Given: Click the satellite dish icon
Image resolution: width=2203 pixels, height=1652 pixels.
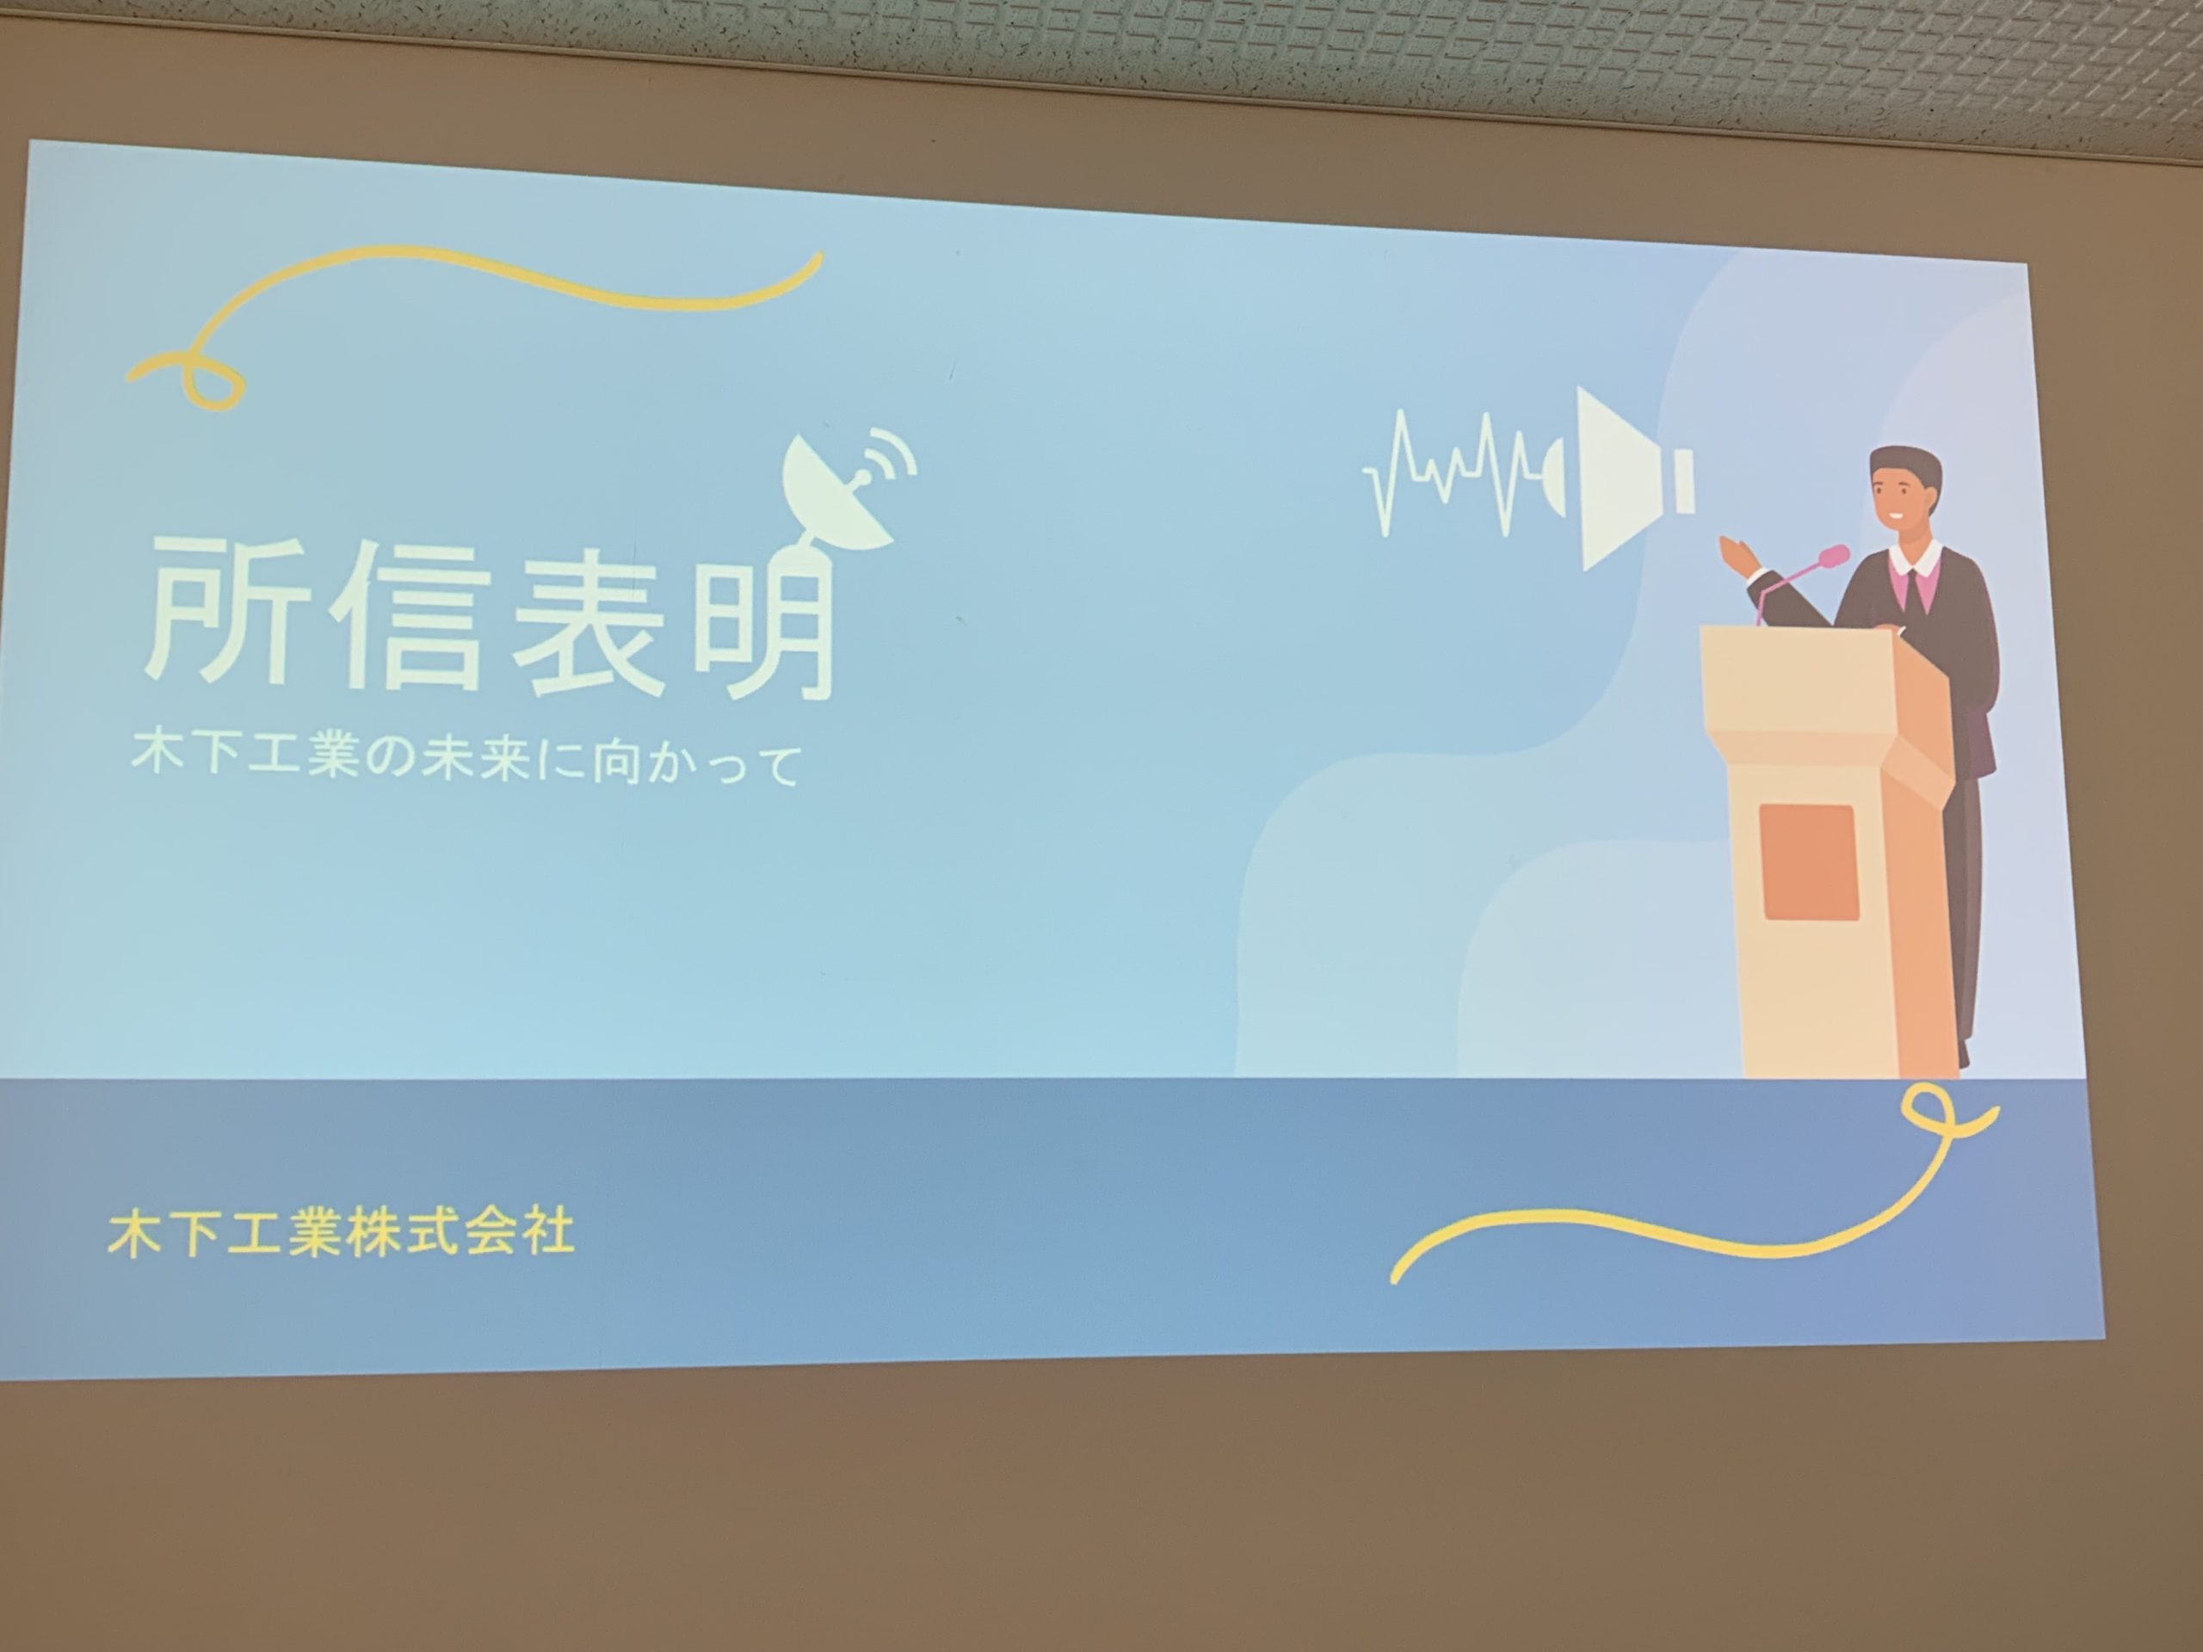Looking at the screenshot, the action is pos(847,488).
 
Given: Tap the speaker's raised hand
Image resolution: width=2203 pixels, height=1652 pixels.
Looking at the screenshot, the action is pos(1739,553).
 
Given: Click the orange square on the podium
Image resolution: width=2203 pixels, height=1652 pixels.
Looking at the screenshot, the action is pos(1810,862).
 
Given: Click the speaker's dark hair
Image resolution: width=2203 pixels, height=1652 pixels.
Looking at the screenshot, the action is pos(1904,468).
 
